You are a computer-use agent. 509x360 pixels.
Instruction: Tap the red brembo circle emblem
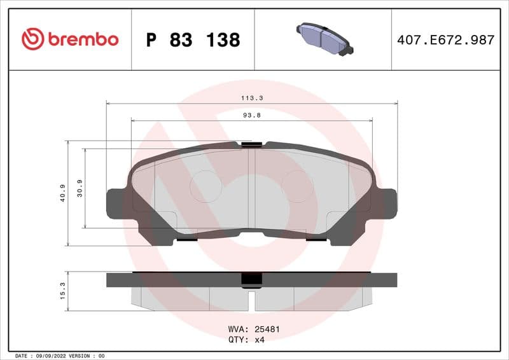click(x=32, y=39)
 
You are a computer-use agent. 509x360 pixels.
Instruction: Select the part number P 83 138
click(x=193, y=40)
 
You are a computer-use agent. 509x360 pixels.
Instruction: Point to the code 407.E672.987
click(x=445, y=39)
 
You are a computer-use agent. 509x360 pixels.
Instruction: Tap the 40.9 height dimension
click(x=62, y=193)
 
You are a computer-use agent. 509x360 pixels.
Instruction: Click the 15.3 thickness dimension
click(x=62, y=291)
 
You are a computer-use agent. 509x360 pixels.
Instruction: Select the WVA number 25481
click(x=267, y=329)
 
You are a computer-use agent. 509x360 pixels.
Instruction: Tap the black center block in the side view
click(x=251, y=280)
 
